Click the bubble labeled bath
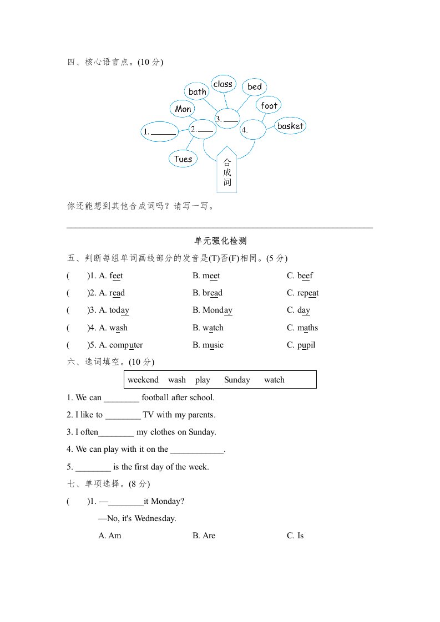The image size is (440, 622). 198,91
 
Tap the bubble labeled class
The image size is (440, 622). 223,84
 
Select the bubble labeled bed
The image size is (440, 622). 255,87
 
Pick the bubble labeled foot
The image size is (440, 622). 269,105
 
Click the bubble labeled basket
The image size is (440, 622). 290,126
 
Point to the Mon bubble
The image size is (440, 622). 183,109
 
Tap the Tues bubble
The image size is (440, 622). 183,159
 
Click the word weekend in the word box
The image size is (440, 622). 143,380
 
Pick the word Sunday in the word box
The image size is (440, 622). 237,380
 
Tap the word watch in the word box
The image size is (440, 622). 274,380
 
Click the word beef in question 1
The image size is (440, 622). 305,276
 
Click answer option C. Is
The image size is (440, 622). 295,536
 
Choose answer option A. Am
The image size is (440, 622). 110,536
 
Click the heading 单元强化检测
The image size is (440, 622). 220,241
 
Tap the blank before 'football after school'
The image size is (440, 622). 122,397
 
